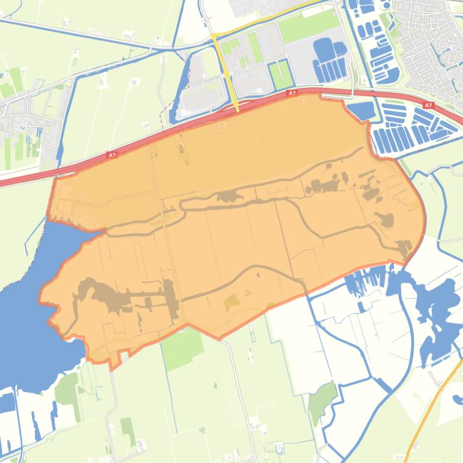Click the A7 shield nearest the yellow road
coord(292,93)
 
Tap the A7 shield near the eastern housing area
coord(428,105)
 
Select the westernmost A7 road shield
coord(112,155)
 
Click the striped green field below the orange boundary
coord(183,349)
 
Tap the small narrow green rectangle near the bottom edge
coord(127,427)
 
